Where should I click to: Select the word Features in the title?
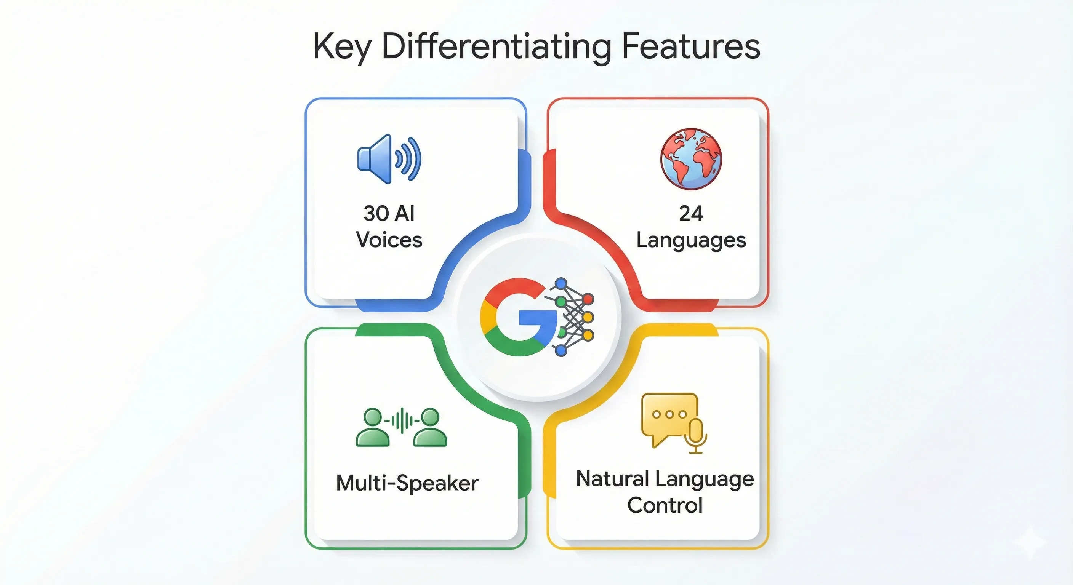[690, 46]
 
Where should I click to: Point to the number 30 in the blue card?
[376, 213]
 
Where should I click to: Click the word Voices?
[389, 240]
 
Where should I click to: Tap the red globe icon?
[692, 159]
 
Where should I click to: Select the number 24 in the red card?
[691, 214]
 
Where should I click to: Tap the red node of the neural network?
[588, 299]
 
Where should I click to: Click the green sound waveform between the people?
[401, 420]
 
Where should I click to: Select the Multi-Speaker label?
[407, 483]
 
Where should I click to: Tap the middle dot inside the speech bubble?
[669, 414]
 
